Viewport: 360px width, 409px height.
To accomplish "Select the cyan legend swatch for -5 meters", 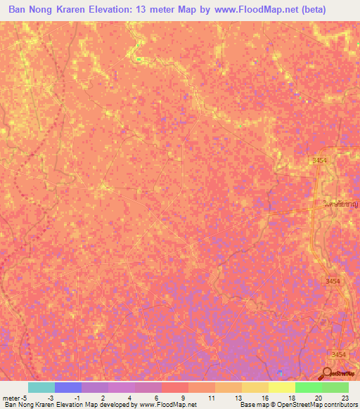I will pos(41,387).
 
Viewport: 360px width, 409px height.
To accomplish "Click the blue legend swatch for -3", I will pos(67,387).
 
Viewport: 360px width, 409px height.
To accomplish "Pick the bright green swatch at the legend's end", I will pos(335,387).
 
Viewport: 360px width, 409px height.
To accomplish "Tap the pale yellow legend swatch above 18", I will pos(281,387).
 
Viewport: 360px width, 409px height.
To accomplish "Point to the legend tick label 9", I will pos(182,397).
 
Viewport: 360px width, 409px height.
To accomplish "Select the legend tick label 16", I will pos(264,397).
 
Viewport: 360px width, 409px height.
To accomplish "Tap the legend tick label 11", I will pos(210,397).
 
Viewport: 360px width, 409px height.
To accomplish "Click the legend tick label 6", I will pos(155,397).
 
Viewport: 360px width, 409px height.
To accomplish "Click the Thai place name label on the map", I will pos(335,204).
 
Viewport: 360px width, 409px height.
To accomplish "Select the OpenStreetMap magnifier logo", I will pos(328,373).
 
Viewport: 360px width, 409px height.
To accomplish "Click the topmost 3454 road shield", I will pos(320,161).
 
